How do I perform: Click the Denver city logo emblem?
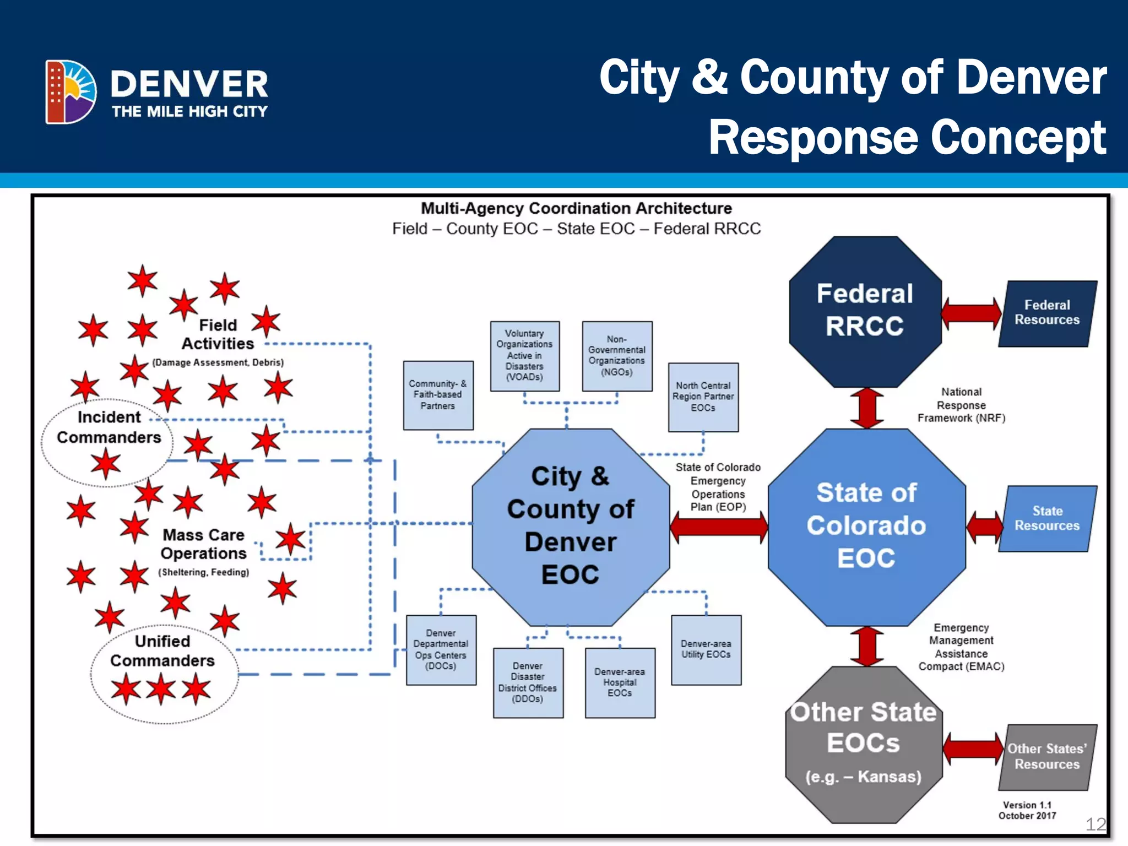point(70,91)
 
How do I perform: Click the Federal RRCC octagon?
point(865,311)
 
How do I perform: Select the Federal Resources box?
point(1047,313)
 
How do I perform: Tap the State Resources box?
point(1047,518)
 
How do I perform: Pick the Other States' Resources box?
point(1047,757)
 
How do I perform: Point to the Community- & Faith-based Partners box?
point(438,395)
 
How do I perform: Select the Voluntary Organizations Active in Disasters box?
point(524,356)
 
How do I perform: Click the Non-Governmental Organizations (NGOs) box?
point(617,356)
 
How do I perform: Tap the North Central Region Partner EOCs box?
point(703,397)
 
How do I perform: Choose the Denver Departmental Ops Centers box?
point(441,650)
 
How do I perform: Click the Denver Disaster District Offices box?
point(528,682)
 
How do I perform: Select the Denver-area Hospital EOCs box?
point(620,682)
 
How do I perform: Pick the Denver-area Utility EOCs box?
point(706,650)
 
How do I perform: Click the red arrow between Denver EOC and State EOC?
point(719,527)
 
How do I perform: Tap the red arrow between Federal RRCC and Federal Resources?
point(971,313)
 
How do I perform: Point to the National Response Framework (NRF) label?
point(961,405)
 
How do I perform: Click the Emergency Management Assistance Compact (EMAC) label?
point(961,647)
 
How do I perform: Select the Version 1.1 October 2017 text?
point(1027,810)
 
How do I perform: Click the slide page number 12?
point(1095,824)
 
